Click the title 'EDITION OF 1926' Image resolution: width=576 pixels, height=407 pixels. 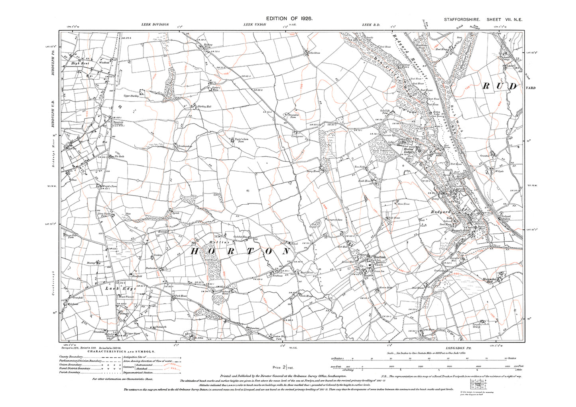[x=289, y=19]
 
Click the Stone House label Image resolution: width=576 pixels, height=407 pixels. [x=403, y=203]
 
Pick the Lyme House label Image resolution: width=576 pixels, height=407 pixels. [x=429, y=329]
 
